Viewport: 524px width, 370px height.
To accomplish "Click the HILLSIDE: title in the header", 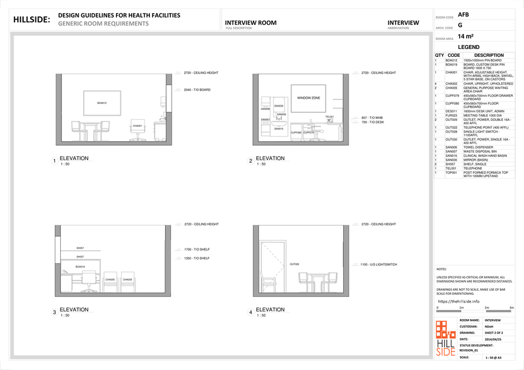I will tap(31, 20).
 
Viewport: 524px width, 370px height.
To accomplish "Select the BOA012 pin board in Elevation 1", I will tap(101, 103).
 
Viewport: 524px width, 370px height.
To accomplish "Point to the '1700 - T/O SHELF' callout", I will tap(196, 249).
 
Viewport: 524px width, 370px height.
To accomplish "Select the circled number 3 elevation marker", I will tap(54, 312).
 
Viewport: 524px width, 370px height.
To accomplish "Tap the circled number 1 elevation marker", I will tap(54, 161).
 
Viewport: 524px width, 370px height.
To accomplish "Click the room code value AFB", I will tap(463, 14).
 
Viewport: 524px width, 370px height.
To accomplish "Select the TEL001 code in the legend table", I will tap(450, 168).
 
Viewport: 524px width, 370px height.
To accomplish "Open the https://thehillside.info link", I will tap(458, 301).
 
